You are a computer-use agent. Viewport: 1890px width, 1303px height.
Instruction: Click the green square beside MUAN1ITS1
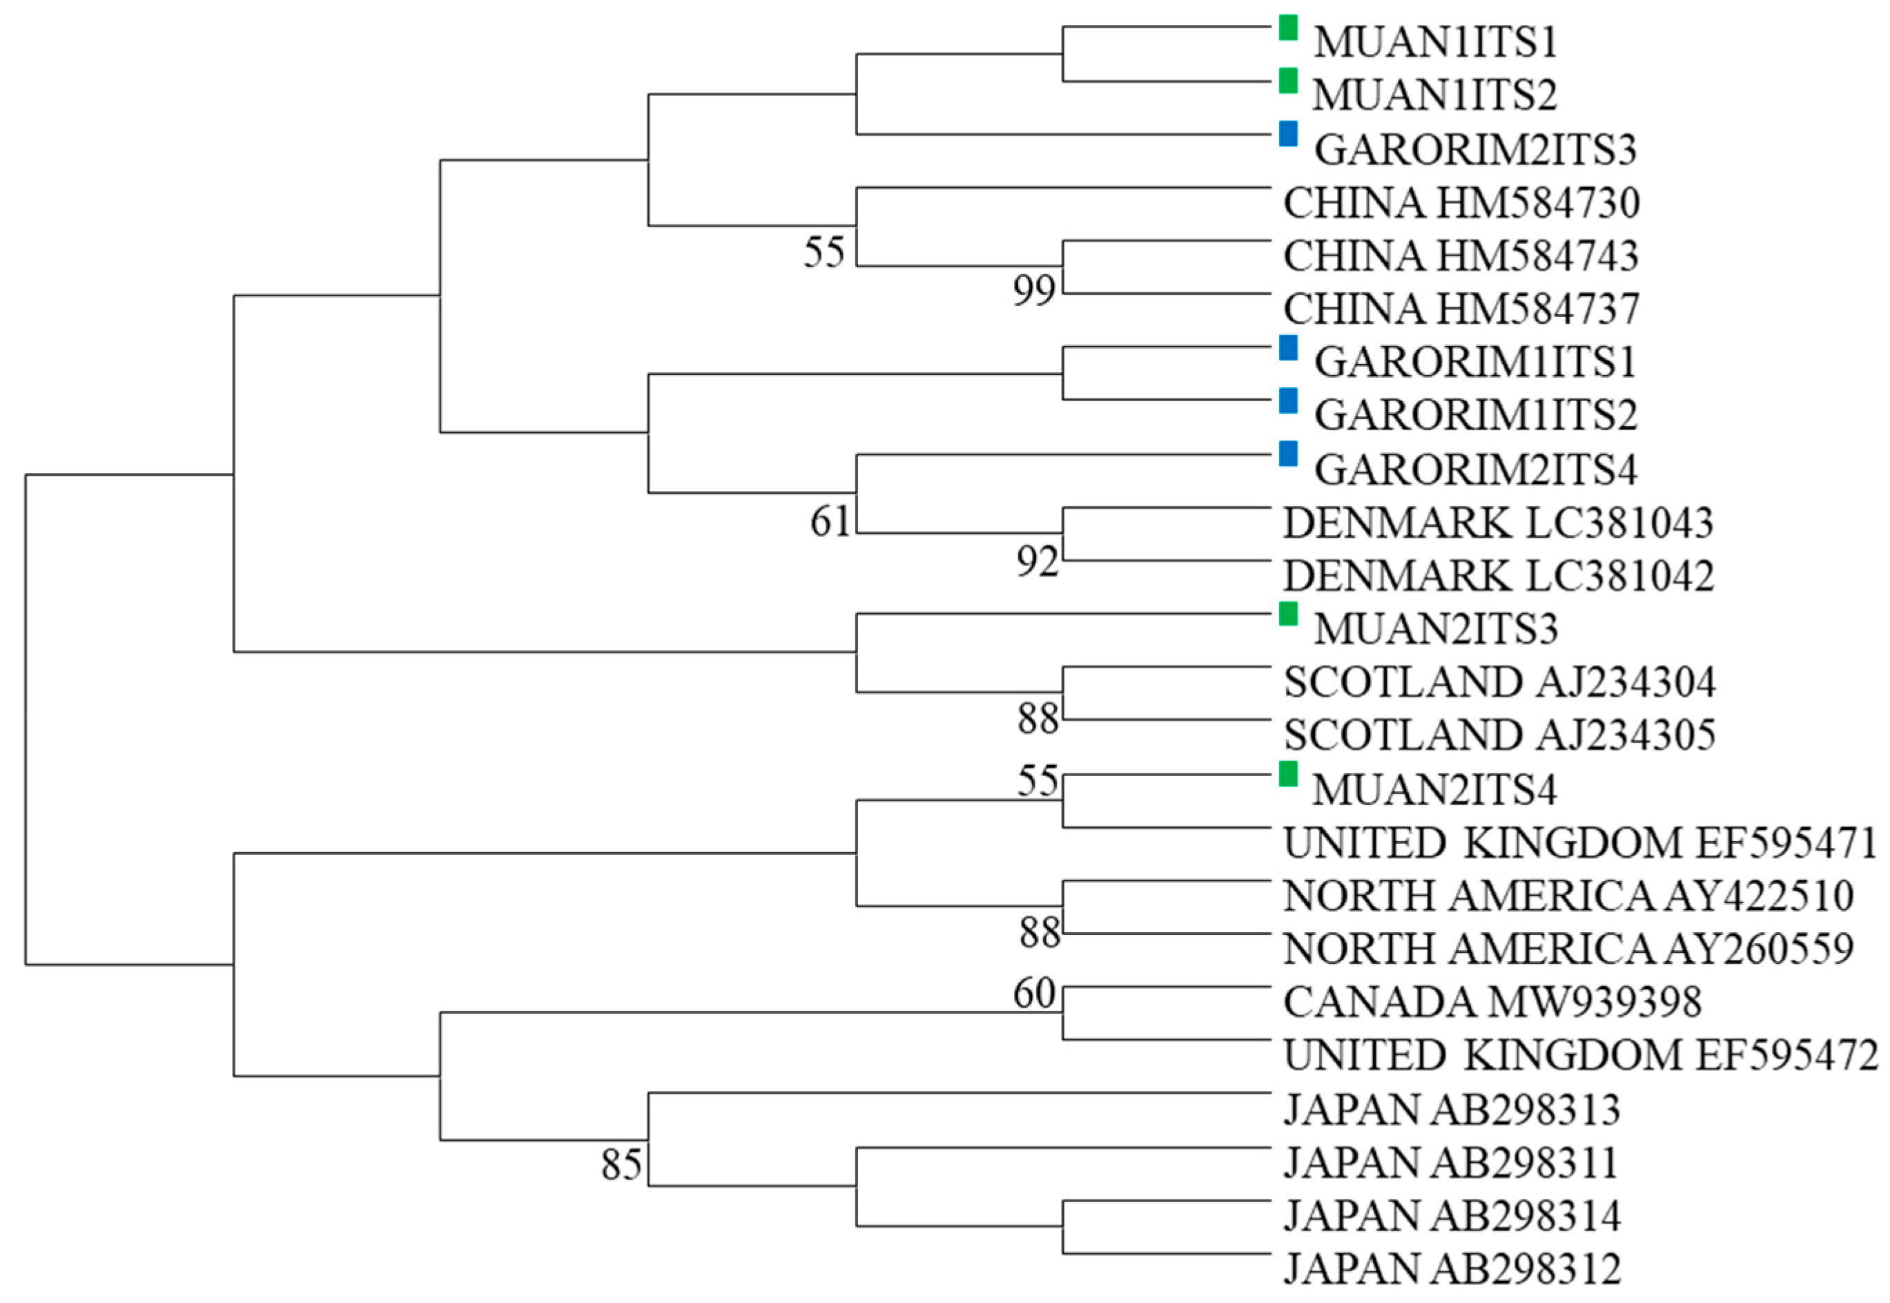coord(1288,28)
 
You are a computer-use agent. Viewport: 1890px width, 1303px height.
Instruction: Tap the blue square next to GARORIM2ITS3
coord(1288,134)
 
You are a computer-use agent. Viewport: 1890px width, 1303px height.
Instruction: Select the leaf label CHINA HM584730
coord(1461,203)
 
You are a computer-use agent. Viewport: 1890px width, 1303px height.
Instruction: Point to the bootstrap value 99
coord(1034,290)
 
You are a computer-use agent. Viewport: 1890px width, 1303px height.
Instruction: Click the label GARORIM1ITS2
coord(1475,416)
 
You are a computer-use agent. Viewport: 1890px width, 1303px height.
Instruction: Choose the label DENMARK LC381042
coord(1499,577)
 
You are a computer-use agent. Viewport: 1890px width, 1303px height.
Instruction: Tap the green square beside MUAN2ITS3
coord(1288,614)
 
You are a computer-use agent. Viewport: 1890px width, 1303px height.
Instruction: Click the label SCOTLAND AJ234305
coord(1499,735)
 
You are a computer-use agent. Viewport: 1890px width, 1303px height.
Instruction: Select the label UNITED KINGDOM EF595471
coord(1581,843)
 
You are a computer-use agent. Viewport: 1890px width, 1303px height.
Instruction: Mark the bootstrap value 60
coord(1034,994)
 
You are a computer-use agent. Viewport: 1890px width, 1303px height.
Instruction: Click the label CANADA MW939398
coord(1492,1003)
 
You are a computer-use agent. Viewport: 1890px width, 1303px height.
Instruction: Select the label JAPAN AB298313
coord(1452,1110)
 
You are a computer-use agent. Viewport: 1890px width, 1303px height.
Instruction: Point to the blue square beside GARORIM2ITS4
coord(1288,453)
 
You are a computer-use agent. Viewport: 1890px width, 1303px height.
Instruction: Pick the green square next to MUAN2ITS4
coord(1288,773)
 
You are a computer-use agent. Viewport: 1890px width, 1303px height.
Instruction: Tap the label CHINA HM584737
coord(1461,309)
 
